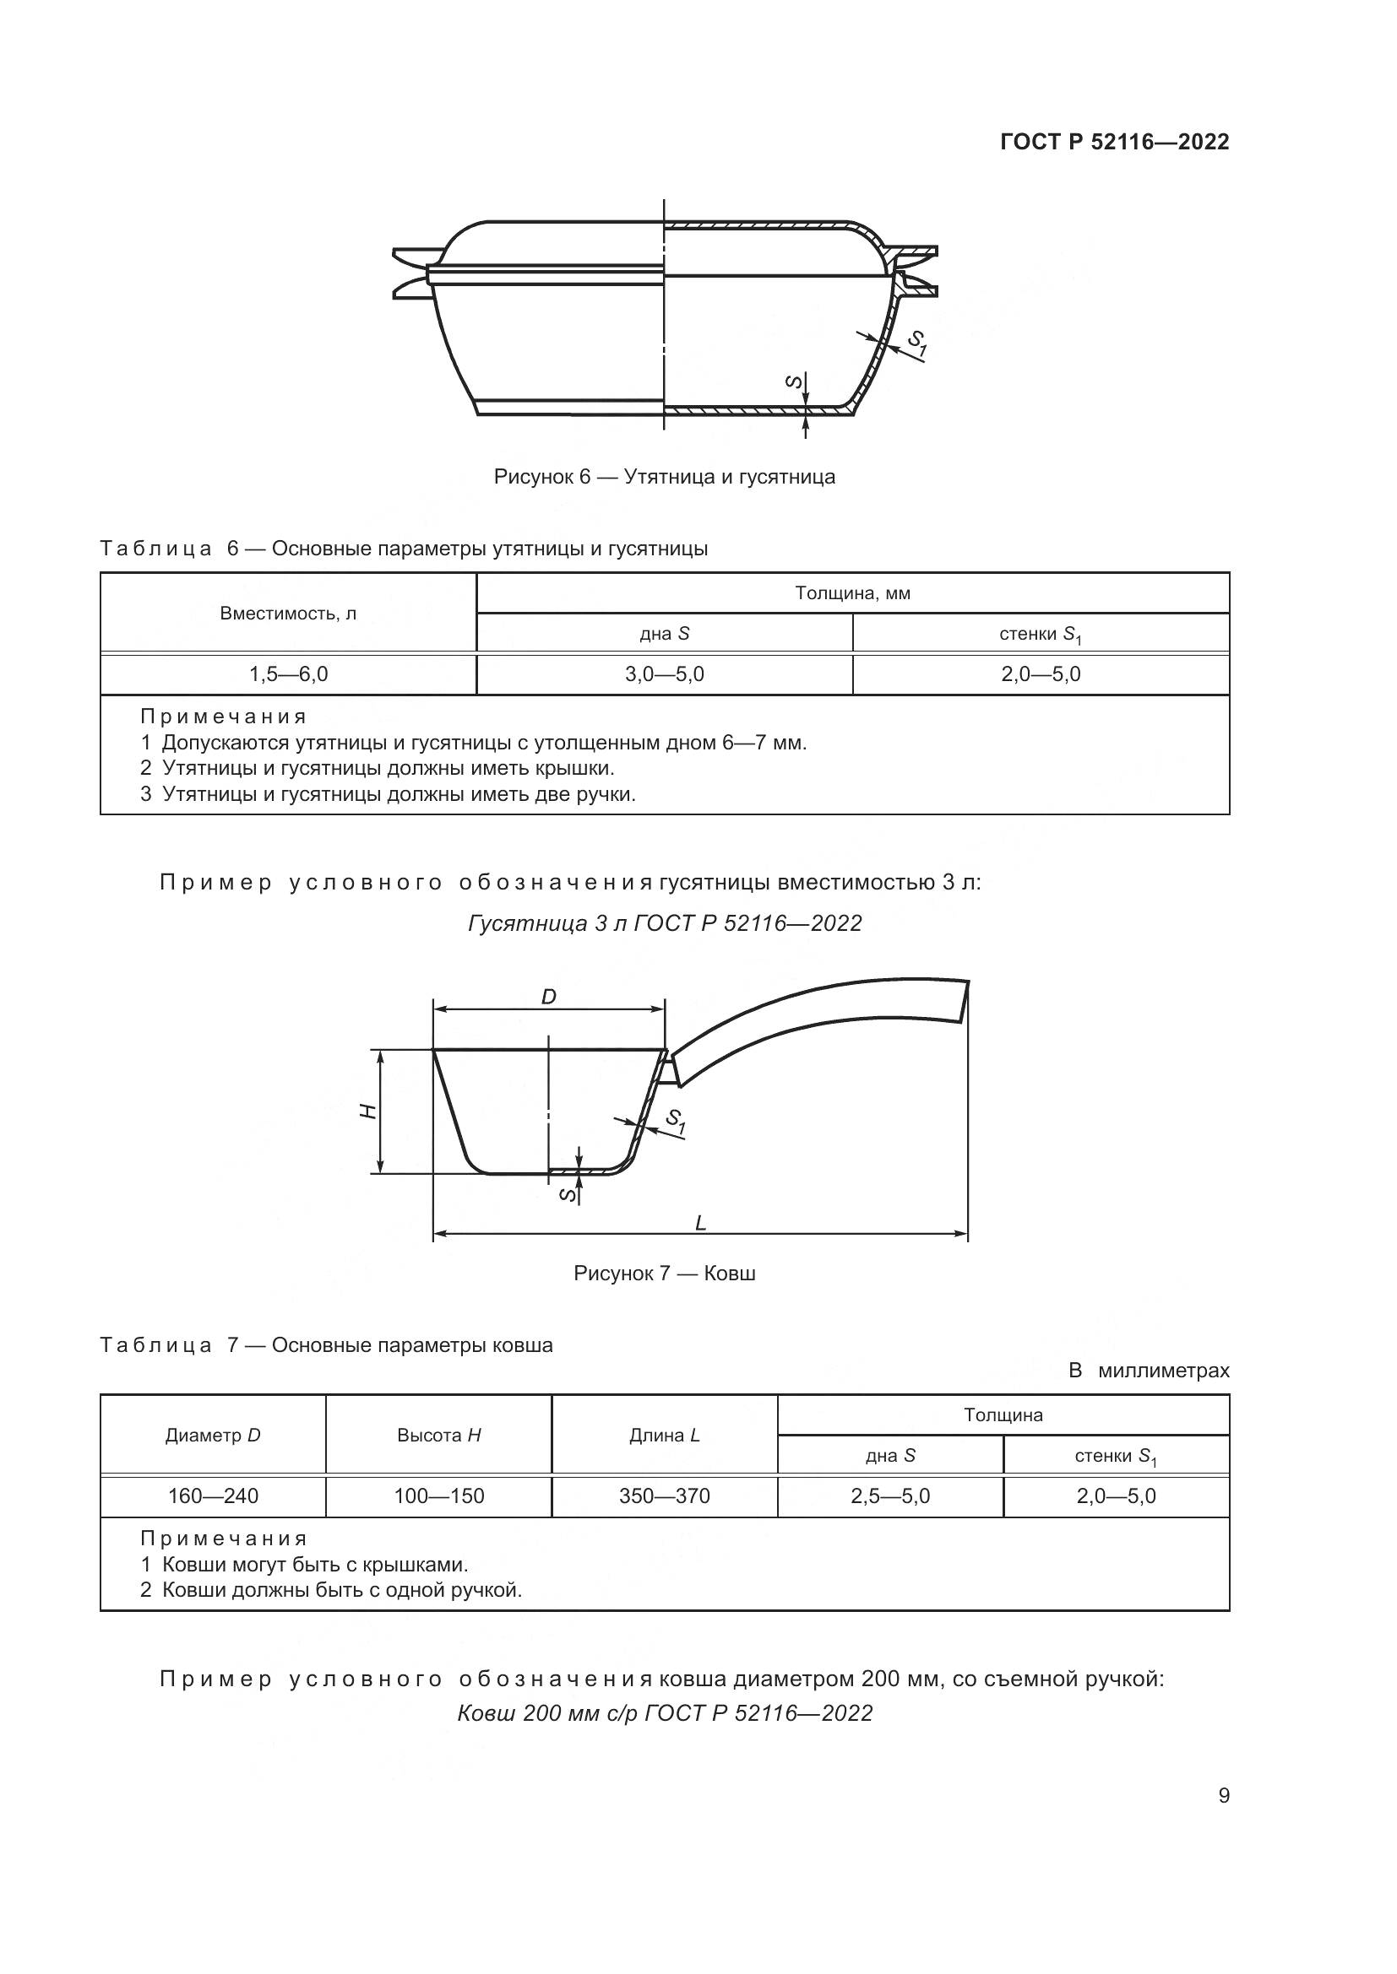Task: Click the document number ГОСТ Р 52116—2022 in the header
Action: tap(1114, 142)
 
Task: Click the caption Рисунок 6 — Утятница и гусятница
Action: tap(664, 476)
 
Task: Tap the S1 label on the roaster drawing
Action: tap(917, 343)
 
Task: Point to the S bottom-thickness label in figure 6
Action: tap(795, 381)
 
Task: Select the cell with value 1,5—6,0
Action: tap(288, 674)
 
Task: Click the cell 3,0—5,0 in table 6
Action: tap(664, 674)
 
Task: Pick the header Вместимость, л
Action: tap(288, 613)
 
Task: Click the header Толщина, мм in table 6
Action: tap(851, 593)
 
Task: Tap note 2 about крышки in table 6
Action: tap(378, 768)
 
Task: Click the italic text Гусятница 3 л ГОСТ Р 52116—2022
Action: tap(664, 923)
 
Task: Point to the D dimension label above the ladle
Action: tap(548, 997)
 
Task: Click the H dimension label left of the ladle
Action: tap(368, 1111)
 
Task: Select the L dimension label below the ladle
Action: tap(700, 1223)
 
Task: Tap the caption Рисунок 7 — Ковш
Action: tap(664, 1274)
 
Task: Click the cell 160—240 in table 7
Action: tap(213, 1496)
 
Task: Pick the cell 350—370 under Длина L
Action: tap(664, 1496)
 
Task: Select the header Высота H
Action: tap(438, 1435)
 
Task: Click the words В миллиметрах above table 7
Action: tap(1149, 1371)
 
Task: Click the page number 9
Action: tap(1223, 1795)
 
